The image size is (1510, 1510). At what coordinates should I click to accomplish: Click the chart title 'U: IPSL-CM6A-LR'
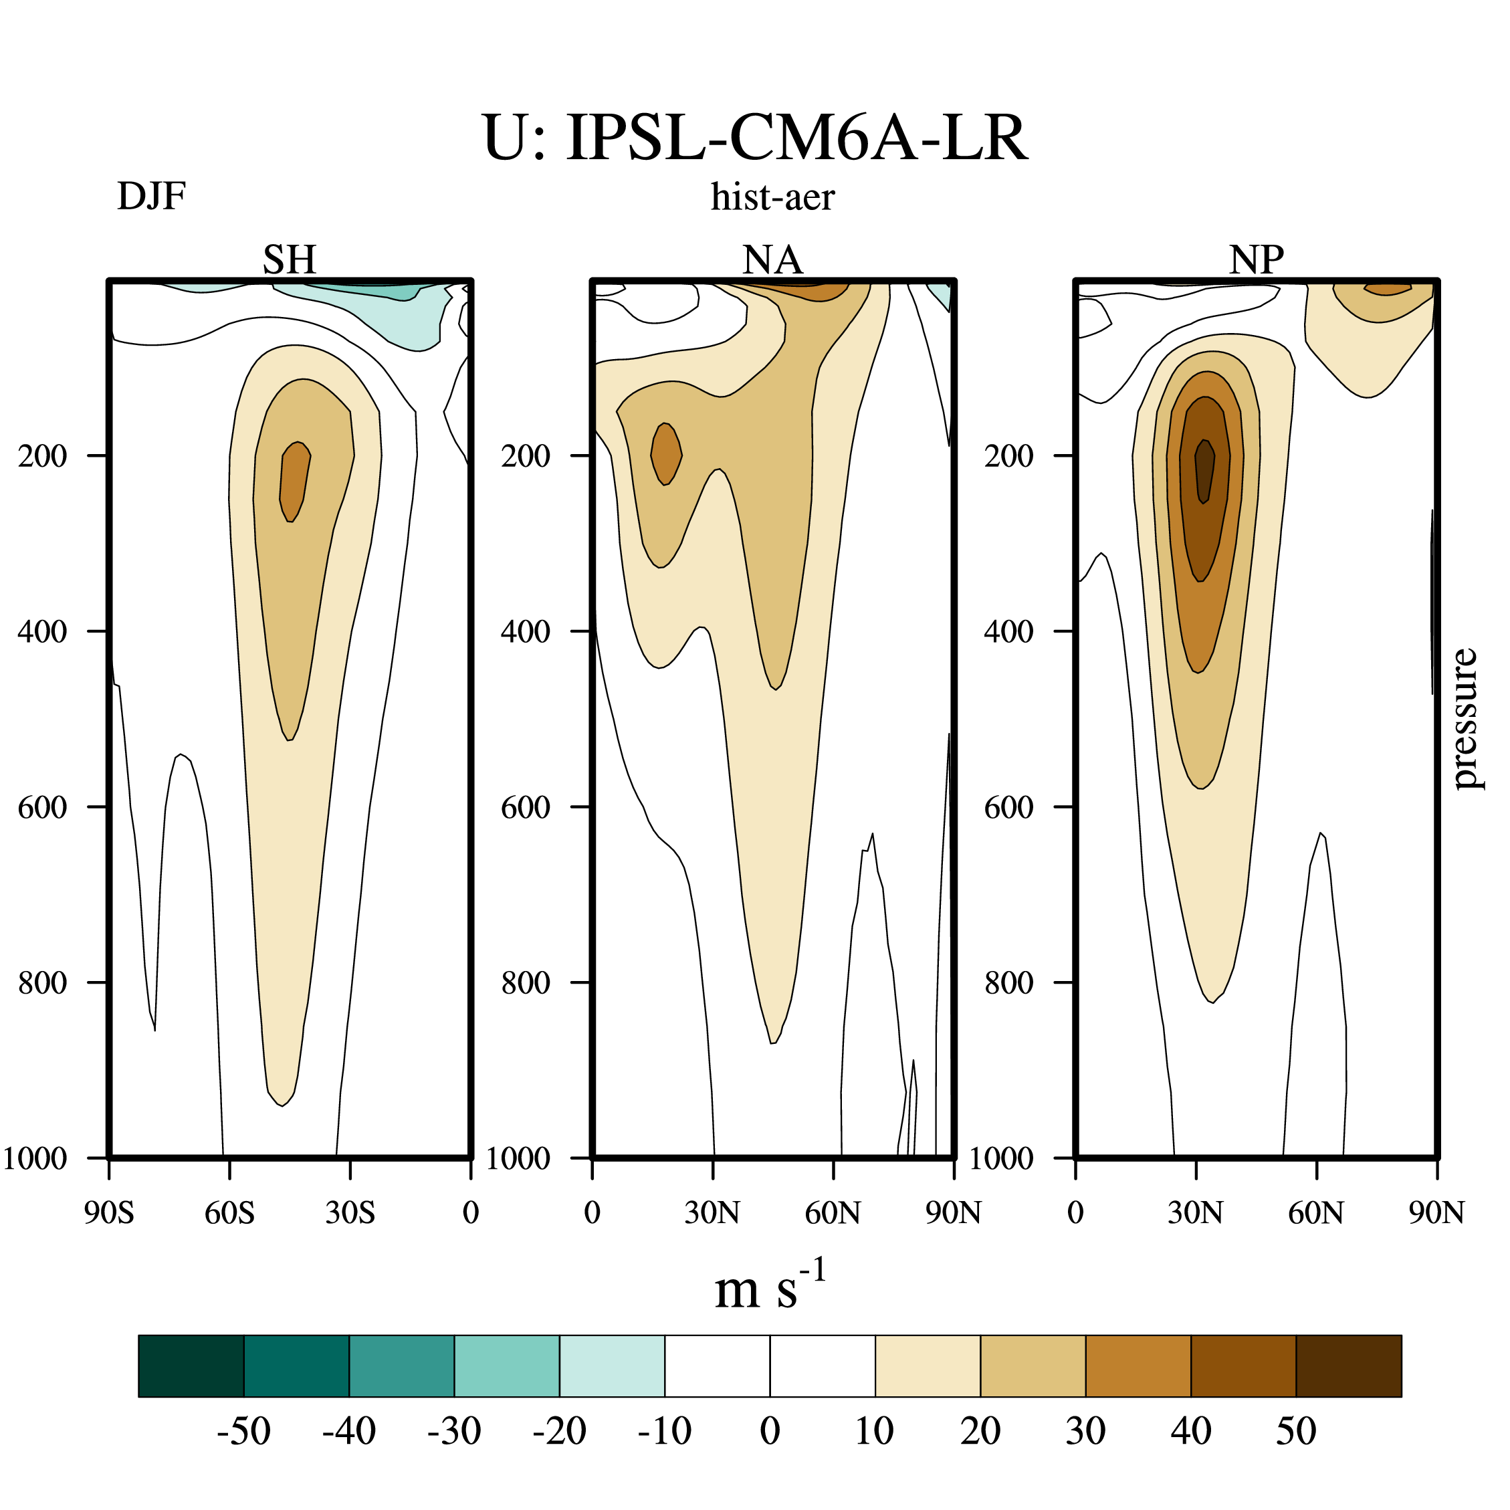(x=755, y=138)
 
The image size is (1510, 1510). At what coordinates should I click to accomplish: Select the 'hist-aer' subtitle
(x=772, y=197)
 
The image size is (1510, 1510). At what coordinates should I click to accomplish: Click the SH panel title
(x=289, y=259)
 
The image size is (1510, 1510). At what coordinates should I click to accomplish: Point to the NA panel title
(x=772, y=259)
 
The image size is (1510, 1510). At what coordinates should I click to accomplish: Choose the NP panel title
(x=1256, y=259)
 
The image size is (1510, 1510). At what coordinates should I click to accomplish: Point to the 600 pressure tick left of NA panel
(x=525, y=807)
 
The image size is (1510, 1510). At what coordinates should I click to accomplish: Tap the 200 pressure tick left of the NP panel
(x=1008, y=455)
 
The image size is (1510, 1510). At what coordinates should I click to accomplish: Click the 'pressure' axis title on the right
(x=1464, y=718)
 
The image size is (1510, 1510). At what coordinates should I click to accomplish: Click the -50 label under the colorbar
(x=244, y=1431)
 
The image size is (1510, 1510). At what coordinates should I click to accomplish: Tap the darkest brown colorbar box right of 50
(x=1349, y=1366)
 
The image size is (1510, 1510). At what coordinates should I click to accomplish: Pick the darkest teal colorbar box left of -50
(x=191, y=1366)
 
